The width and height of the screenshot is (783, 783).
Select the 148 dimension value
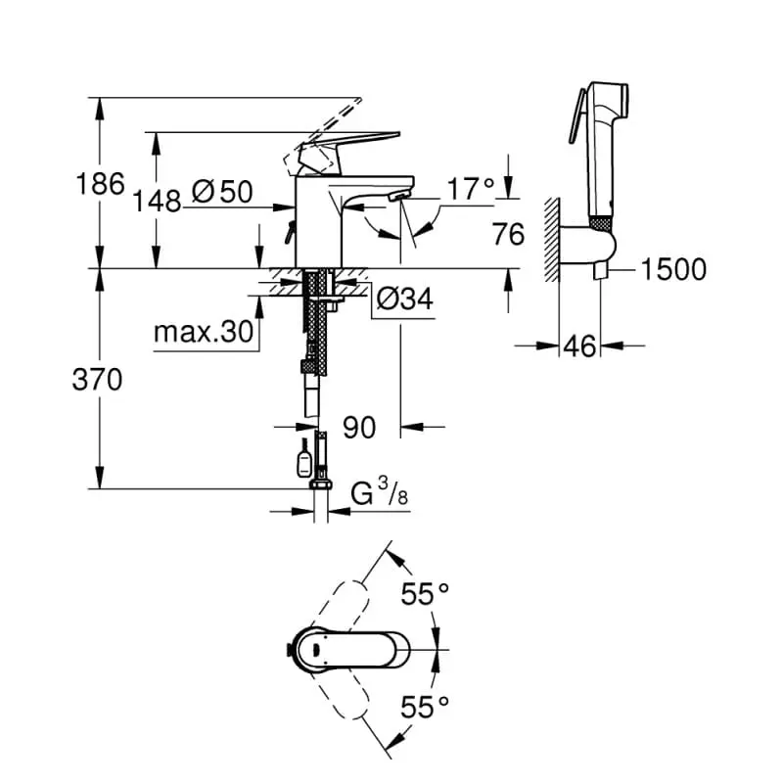point(158,201)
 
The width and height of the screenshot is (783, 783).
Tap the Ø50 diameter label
point(222,192)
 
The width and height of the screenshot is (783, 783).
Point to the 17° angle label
point(471,189)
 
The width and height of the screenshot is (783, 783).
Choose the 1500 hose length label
point(672,269)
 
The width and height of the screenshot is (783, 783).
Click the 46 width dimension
point(580,345)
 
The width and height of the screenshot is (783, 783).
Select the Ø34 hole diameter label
point(402,299)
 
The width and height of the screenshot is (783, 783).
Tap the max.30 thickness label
point(204,334)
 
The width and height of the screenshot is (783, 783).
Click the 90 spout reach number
point(360,426)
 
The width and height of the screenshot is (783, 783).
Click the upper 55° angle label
point(425,594)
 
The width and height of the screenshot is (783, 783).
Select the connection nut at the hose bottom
point(319,484)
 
